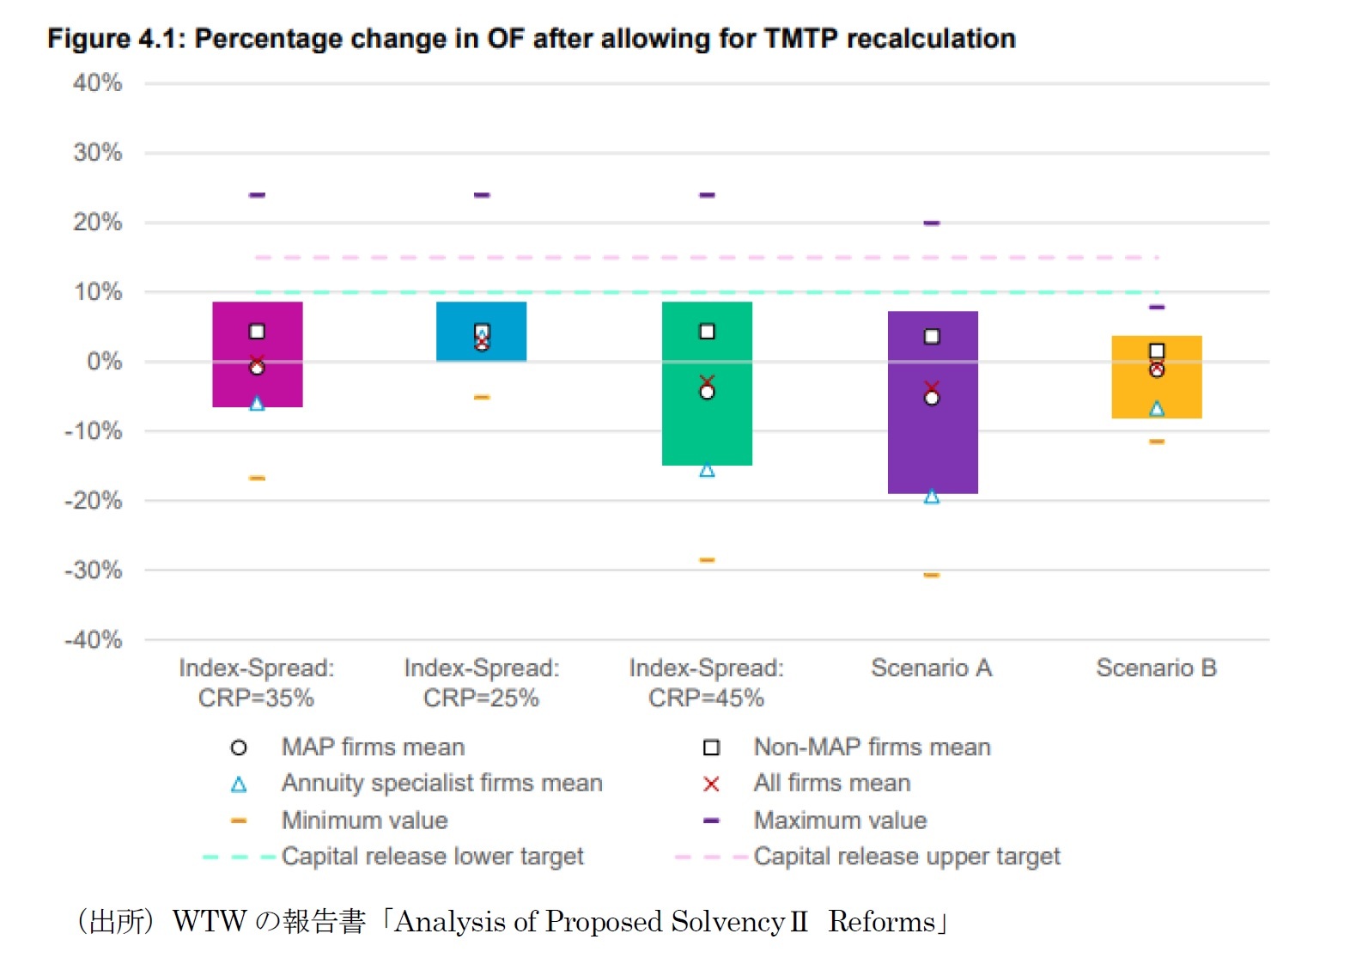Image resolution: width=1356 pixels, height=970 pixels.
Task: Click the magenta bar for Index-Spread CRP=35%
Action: click(257, 378)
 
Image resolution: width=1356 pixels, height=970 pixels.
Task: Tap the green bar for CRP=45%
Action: click(707, 430)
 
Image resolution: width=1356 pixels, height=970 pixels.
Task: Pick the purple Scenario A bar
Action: click(932, 447)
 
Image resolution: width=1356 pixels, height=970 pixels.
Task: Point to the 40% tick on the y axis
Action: click(97, 83)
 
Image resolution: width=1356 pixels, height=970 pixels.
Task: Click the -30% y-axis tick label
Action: click(94, 570)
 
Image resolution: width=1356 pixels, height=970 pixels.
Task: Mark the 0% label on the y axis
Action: click(104, 362)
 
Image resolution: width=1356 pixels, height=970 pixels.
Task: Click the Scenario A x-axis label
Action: click(931, 668)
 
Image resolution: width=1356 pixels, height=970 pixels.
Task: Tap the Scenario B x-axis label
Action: click(1156, 668)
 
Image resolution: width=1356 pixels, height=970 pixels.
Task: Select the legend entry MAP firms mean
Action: click(373, 747)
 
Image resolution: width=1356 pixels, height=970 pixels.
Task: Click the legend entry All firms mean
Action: click(831, 784)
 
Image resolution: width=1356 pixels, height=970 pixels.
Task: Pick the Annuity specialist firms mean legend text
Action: click(441, 784)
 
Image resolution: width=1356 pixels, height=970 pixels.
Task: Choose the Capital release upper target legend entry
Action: click(906, 857)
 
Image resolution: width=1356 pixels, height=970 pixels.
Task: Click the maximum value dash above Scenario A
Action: click(932, 223)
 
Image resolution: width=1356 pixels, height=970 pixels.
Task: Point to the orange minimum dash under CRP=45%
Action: click(707, 560)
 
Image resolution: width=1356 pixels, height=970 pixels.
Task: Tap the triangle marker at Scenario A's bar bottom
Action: click(932, 497)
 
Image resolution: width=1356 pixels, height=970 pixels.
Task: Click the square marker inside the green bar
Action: click(707, 332)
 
